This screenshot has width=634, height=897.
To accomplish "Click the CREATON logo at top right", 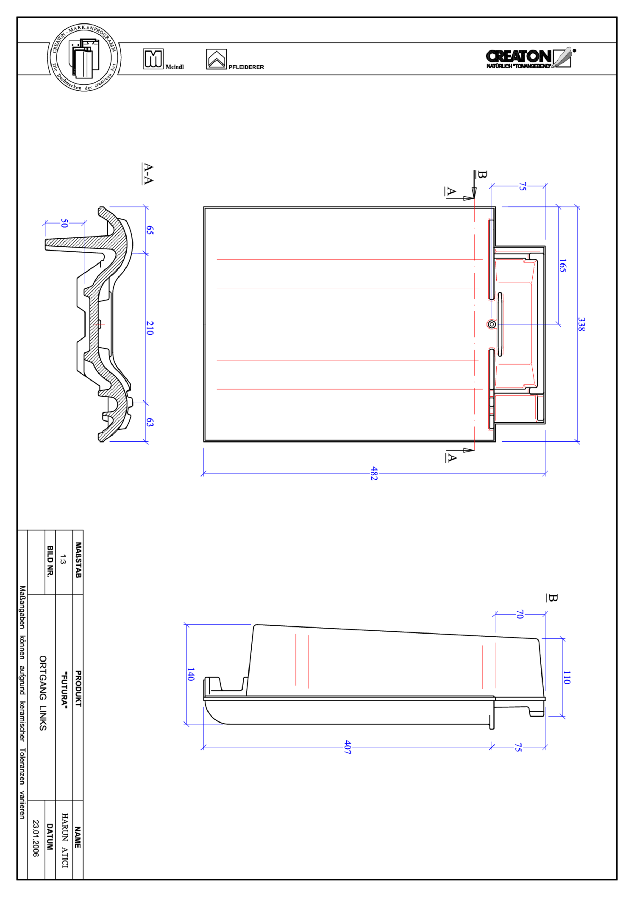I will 530,58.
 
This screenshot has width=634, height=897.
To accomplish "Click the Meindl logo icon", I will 153,59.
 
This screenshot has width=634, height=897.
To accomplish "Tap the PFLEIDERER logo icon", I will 216,59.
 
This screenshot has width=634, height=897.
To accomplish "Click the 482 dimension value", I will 374,473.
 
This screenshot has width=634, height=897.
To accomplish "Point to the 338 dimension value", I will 581,324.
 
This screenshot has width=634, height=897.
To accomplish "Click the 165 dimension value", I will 563,266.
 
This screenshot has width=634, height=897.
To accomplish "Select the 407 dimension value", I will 347,747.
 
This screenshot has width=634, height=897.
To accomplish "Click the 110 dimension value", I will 567,677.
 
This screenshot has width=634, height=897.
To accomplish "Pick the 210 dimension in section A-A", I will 150,328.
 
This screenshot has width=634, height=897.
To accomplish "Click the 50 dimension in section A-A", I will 64,224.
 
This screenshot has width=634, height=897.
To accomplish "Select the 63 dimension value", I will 150,422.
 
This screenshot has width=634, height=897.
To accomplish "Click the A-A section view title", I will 148,173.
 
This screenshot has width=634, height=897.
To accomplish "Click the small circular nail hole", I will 492,324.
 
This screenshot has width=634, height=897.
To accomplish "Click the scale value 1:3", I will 63,559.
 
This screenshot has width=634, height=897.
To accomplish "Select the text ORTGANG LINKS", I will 43,693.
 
